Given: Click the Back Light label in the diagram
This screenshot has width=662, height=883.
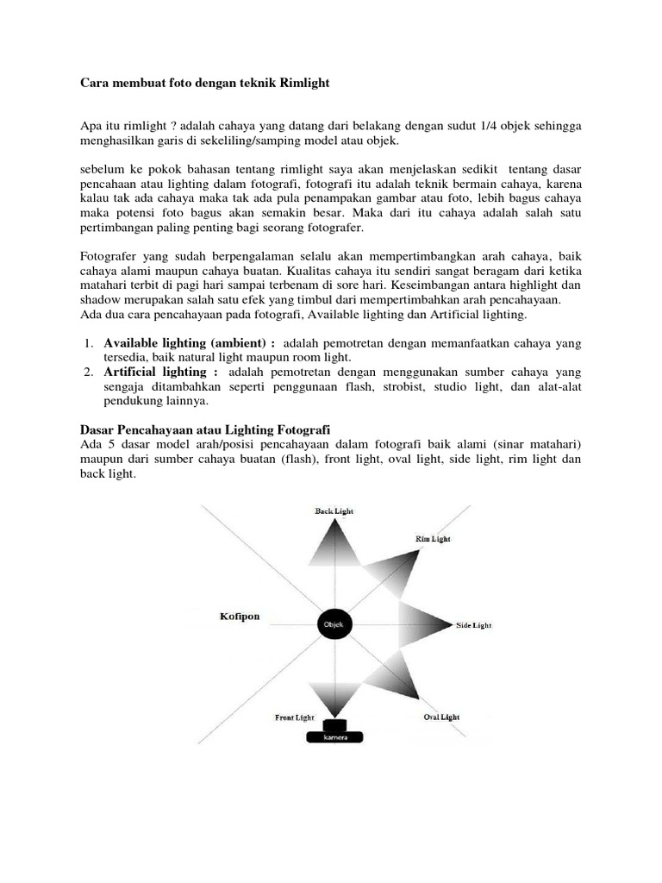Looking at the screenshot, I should (x=333, y=510).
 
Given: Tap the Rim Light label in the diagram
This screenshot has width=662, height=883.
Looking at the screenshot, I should (x=434, y=539).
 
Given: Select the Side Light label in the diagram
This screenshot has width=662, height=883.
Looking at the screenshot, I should (x=474, y=625).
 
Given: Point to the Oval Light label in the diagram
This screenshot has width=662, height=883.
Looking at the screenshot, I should (x=441, y=717).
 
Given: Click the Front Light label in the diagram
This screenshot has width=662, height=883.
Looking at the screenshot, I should (x=294, y=717).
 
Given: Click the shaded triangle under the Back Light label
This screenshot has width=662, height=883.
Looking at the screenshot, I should (x=333, y=543).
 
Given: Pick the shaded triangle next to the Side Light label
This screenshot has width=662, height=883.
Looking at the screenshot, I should (x=422, y=623).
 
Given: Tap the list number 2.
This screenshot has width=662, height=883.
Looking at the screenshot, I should (x=88, y=372).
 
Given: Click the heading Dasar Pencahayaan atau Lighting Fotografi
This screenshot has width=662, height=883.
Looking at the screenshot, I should (x=205, y=429).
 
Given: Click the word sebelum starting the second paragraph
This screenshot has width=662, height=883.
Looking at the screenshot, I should (x=103, y=169).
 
